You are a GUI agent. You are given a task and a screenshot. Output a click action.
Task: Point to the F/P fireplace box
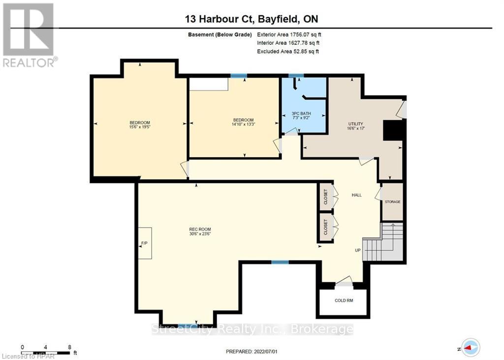pyautogui.click(x=145, y=243)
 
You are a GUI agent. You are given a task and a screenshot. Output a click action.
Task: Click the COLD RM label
pyautogui.click(x=344, y=300)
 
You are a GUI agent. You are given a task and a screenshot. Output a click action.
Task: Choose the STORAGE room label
pyautogui.click(x=392, y=202)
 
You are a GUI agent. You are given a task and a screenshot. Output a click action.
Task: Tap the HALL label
pyautogui.click(x=356, y=195)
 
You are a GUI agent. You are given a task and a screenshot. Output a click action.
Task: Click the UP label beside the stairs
pyautogui.click(x=357, y=250)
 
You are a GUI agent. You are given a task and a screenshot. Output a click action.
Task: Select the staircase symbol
pyautogui.click(x=384, y=243)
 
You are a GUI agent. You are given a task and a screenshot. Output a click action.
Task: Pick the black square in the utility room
pyautogui.click(x=394, y=131)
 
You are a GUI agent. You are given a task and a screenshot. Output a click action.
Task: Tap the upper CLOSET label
pyautogui.click(x=325, y=197)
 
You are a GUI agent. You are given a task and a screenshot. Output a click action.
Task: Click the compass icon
pyautogui.click(x=471, y=347)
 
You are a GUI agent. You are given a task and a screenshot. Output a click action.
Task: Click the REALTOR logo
pyautogui.click(x=29, y=35)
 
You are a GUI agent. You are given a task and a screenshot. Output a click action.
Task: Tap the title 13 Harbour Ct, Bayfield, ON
pyautogui.click(x=252, y=19)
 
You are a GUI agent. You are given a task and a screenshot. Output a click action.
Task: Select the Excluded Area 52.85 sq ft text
pyautogui.click(x=288, y=51)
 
